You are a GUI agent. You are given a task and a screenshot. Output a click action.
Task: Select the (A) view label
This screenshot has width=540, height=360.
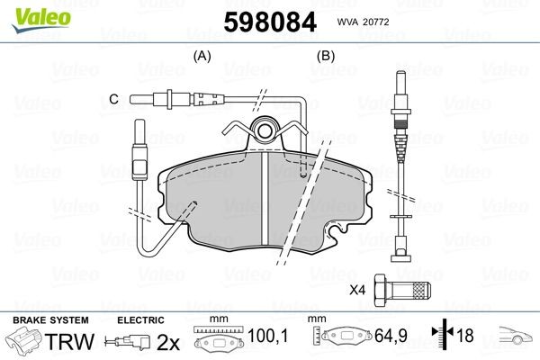[202, 56]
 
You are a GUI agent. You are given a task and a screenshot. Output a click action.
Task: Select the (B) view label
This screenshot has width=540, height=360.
[326, 56]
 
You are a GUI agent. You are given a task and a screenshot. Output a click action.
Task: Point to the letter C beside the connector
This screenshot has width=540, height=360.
[113, 98]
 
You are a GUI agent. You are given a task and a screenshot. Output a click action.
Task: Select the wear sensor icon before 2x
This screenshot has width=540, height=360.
[128, 341]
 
